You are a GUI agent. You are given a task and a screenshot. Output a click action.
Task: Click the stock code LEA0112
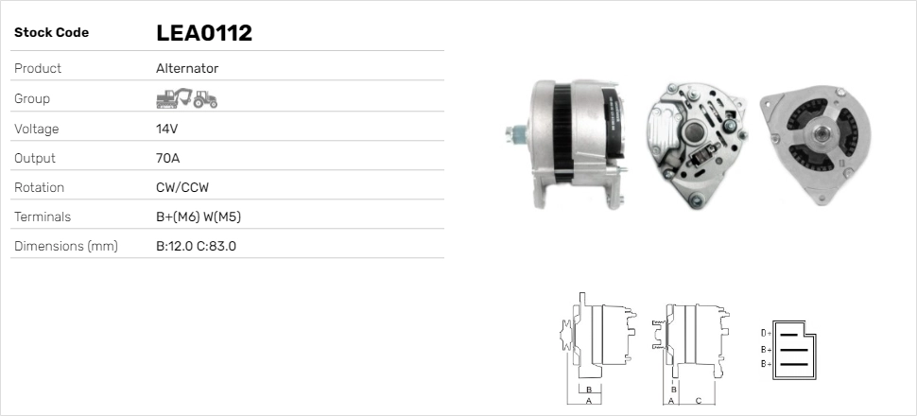204,33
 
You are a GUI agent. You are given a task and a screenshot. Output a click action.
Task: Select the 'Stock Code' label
51,33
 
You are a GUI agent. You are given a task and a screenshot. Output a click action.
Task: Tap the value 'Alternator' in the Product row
187,68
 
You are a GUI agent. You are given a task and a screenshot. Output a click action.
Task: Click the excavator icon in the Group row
174,98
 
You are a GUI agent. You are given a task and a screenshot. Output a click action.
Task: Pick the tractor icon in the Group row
205,99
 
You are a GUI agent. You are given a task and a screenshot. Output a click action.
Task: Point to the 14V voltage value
166,129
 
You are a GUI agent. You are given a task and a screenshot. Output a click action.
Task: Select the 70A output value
168,158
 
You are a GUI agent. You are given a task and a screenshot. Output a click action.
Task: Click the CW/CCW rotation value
182,187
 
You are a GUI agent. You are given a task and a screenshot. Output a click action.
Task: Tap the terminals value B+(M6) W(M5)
199,217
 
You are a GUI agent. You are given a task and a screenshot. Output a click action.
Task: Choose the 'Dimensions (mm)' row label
66,247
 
